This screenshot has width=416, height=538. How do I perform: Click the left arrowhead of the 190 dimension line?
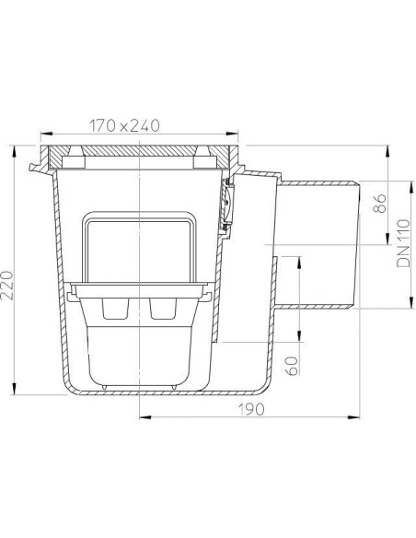tap(142, 416)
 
